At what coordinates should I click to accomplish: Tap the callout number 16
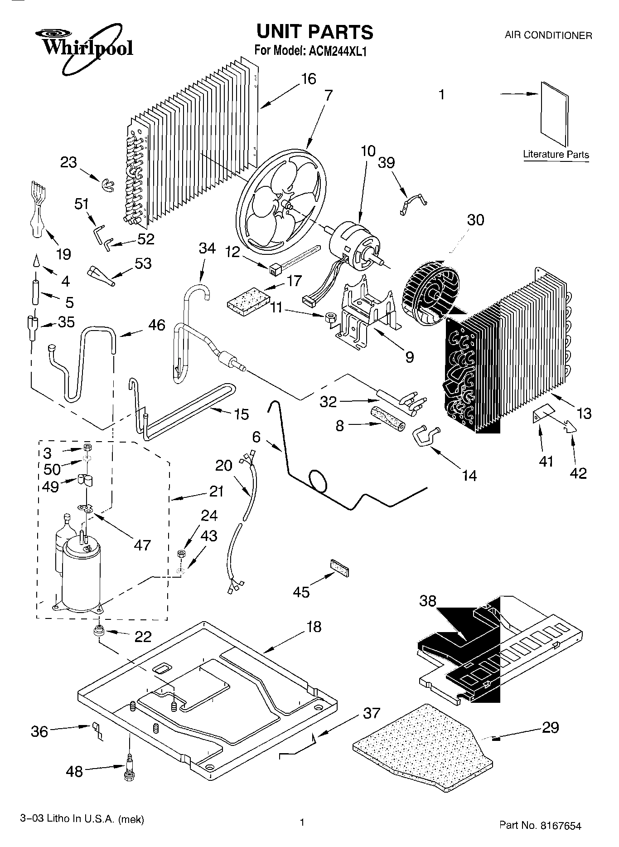[x=308, y=79]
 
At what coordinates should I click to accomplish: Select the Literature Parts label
[x=556, y=154]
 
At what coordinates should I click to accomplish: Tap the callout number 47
[x=142, y=545]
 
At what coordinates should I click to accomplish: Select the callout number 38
[x=427, y=602]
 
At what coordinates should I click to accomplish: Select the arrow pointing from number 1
[x=519, y=94]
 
